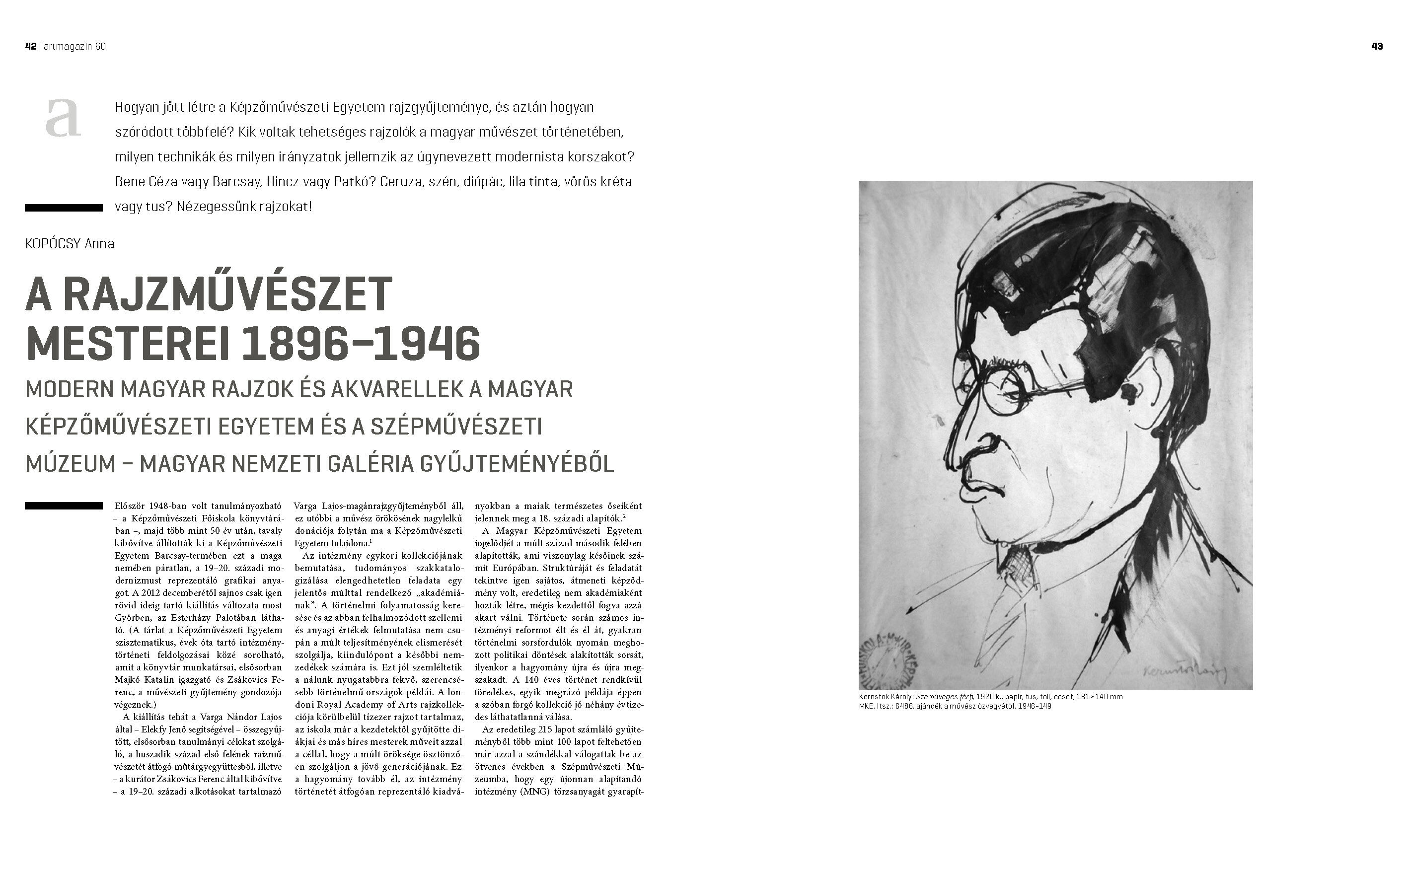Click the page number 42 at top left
tap(30, 47)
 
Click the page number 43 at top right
tap(1377, 47)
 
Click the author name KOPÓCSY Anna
tap(70, 244)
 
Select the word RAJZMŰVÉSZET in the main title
tap(227, 294)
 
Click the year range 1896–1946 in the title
tap(361, 344)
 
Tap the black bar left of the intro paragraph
tap(64, 208)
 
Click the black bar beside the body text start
tap(64, 506)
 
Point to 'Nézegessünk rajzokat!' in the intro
tap(244, 206)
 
